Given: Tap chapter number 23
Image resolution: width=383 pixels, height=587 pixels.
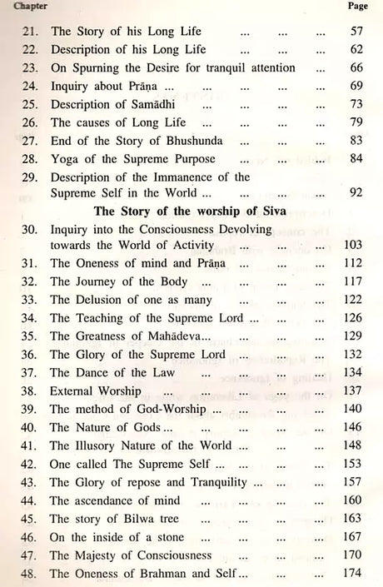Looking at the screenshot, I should pyautogui.click(x=32, y=67).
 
